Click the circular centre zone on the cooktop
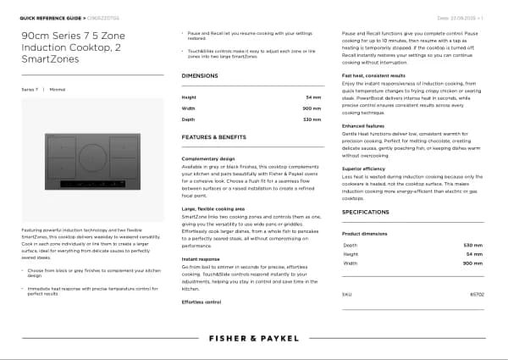pos(93,158)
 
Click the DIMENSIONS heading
pos(200,75)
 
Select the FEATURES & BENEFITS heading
pos(214,136)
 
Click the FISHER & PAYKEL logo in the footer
pos(254,336)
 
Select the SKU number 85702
pos(477,294)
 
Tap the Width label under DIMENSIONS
pos(188,108)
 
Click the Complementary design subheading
pos(208,158)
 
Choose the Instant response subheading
pos(201,258)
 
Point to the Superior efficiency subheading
pos(364,169)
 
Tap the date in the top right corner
pos(461,16)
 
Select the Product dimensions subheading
pos(364,233)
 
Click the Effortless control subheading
pos(202,302)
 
